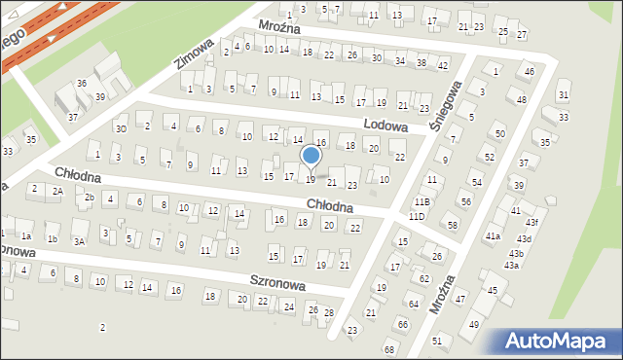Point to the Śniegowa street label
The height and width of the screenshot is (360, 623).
point(451,98)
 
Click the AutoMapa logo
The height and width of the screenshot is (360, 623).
point(561,341)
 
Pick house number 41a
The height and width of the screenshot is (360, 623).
point(494,235)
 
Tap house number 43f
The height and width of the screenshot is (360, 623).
point(531,223)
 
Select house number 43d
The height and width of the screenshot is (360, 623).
point(525,238)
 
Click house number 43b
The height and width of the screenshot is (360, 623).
point(516,253)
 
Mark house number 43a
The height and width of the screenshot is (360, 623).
point(511,265)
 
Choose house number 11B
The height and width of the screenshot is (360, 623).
point(421,201)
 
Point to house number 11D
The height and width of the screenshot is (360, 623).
point(417,215)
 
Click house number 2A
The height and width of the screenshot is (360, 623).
point(57,192)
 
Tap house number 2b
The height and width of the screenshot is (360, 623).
point(89,198)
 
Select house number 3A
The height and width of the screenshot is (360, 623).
point(80,240)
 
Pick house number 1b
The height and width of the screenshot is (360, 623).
point(53,238)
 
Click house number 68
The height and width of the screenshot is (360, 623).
point(389,348)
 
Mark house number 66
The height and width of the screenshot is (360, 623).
point(402,323)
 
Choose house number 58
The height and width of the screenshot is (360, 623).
point(452,225)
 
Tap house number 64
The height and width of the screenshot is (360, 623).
point(413,304)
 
